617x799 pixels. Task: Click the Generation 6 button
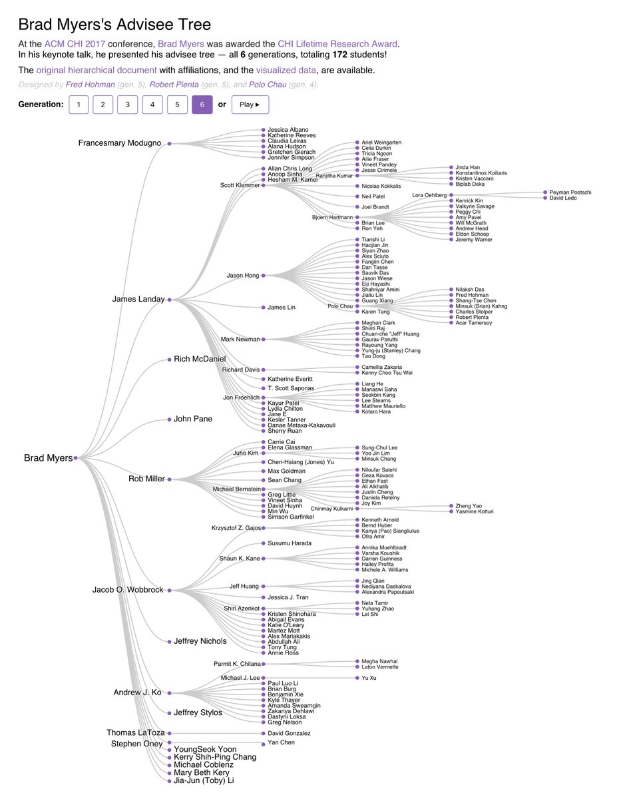coord(202,105)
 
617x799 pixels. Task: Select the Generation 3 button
coord(127,105)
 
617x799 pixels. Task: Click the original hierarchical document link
coord(97,70)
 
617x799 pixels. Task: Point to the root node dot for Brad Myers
coord(76,458)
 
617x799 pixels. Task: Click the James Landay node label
coord(138,300)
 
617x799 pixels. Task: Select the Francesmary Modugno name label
coord(120,143)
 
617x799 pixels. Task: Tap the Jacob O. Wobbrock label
coord(128,590)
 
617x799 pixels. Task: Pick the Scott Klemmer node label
coord(240,185)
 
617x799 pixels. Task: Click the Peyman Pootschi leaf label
coord(570,192)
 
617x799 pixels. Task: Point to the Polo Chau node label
coord(341,306)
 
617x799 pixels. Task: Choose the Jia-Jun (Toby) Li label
coord(204,780)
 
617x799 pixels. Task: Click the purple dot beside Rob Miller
coord(170,479)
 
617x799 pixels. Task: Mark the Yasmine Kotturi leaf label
coord(475,511)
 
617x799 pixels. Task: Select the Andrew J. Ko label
coord(137,692)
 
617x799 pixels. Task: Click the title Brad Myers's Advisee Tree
coord(114,25)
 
